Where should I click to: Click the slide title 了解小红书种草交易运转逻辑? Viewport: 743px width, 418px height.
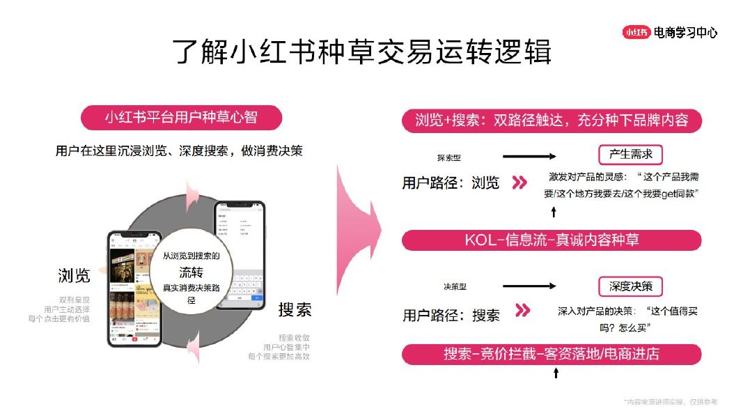click(x=362, y=52)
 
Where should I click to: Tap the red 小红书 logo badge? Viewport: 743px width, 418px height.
click(x=636, y=32)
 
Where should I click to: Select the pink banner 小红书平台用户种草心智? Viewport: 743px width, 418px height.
click(x=181, y=117)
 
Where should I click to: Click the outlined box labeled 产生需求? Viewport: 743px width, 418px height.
click(x=630, y=155)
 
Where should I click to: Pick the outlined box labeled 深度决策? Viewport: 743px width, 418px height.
click(x=630, y=286)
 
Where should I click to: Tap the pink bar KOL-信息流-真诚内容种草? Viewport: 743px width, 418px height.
click(x=552, y=240)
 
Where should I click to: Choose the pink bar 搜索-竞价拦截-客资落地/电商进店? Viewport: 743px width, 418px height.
click(x=552, y=354)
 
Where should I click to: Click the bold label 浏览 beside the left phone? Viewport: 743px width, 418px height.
click(x=74, y=276)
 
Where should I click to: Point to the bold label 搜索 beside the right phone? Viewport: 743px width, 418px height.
click(x=295, y=309)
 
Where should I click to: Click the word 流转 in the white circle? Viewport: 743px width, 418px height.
click(x=191, y=272)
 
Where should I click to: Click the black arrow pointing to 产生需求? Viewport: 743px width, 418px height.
click(x=529, y=157)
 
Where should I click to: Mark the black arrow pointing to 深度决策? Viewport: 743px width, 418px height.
click(x=529, y=286)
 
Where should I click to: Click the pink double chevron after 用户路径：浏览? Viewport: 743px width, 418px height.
click(x=519, y=183)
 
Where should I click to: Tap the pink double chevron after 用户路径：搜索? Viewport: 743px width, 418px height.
click(x=522, y=311)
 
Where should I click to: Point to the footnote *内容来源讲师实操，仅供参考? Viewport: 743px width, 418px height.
click(x=671, y=402)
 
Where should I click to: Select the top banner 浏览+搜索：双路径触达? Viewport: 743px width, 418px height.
click(x=552, y=120)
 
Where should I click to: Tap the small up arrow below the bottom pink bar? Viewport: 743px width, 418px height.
click(x=556, y=373)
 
